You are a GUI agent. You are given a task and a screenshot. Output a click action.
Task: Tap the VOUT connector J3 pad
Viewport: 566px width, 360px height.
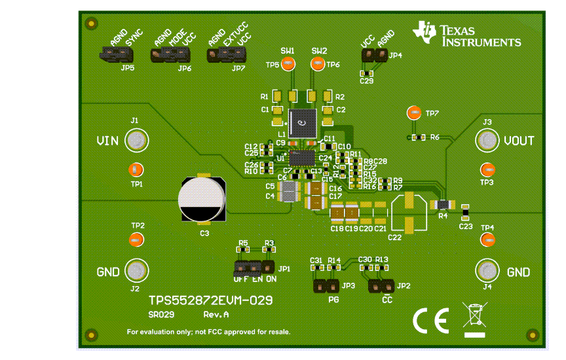487,140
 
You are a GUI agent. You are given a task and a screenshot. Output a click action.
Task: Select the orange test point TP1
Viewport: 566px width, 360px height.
134,170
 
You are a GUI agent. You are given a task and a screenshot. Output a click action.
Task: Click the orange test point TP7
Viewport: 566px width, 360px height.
413,113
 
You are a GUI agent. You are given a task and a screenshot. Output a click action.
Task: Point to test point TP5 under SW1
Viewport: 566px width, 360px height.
290,64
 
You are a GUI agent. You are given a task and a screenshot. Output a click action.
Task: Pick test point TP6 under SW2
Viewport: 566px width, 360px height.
317,64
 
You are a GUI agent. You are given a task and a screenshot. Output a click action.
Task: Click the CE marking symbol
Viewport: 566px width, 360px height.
430,320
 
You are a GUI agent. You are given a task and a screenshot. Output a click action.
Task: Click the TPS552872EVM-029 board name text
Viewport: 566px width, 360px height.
210,300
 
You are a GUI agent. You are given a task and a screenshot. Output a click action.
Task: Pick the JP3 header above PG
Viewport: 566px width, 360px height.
325,286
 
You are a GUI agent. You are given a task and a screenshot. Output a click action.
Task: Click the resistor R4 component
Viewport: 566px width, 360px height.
443,205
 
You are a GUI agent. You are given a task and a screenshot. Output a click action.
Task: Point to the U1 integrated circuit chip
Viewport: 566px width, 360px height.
302,158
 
